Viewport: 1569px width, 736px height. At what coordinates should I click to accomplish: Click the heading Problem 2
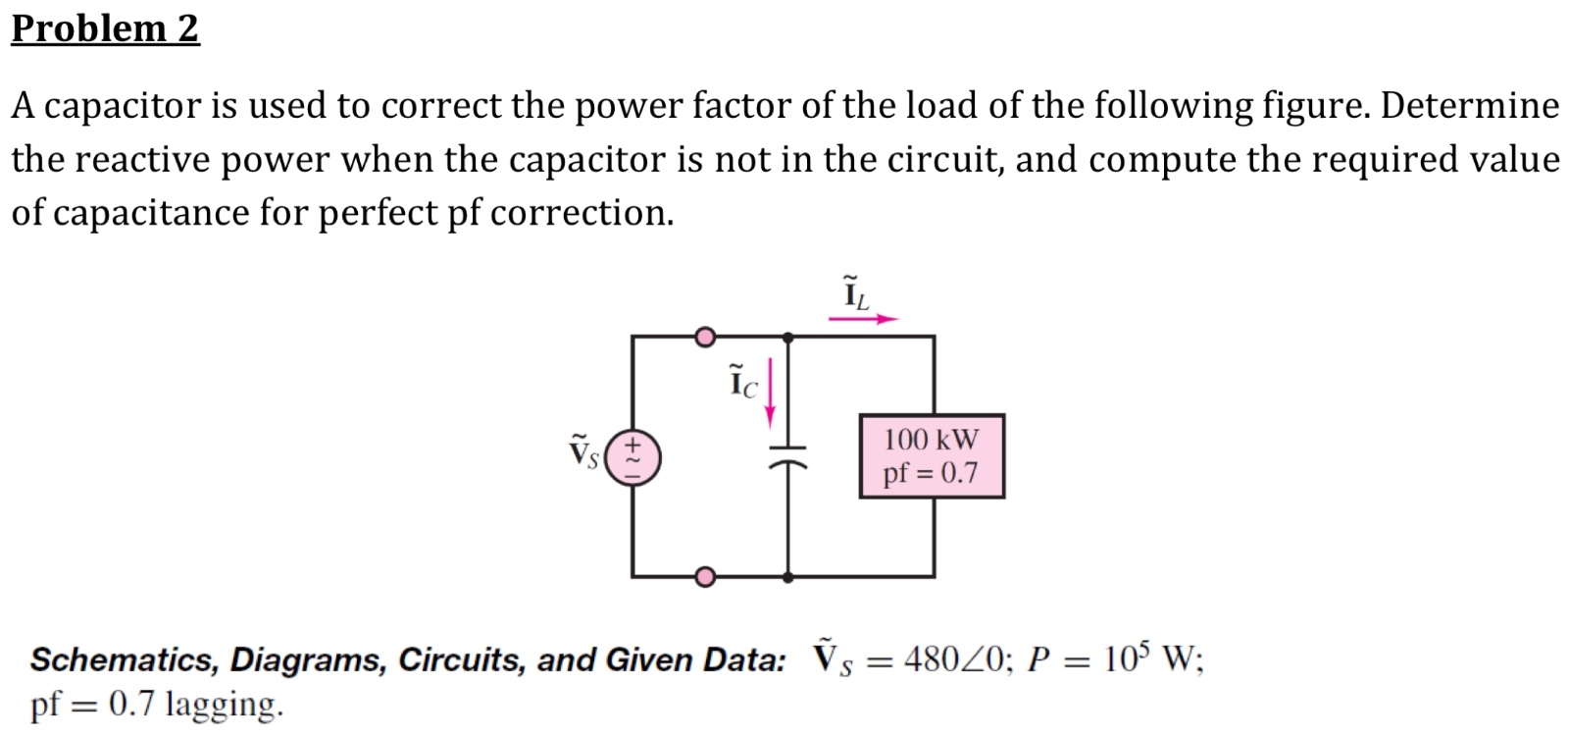105,27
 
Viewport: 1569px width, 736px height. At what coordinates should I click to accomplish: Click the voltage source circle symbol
633,458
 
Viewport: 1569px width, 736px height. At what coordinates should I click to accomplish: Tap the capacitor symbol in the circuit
787,457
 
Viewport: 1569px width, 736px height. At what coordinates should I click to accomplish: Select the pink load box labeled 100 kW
932,455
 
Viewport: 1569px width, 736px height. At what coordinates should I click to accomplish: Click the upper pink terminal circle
704,338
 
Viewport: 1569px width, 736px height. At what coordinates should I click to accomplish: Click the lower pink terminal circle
704,576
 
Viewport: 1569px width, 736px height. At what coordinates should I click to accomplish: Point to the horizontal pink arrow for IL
863,319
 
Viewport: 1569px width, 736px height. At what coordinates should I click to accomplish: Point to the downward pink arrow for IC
771,393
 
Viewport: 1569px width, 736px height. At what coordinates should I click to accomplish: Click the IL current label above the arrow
855,293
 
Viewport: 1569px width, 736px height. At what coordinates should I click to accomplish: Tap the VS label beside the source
582,452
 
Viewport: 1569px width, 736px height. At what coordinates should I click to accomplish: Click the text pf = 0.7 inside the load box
930,473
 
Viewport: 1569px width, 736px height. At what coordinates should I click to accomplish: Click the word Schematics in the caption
124,659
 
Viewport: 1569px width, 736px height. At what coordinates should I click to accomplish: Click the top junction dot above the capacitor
788,338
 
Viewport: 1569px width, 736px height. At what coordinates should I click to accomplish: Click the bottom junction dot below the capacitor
788,577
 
